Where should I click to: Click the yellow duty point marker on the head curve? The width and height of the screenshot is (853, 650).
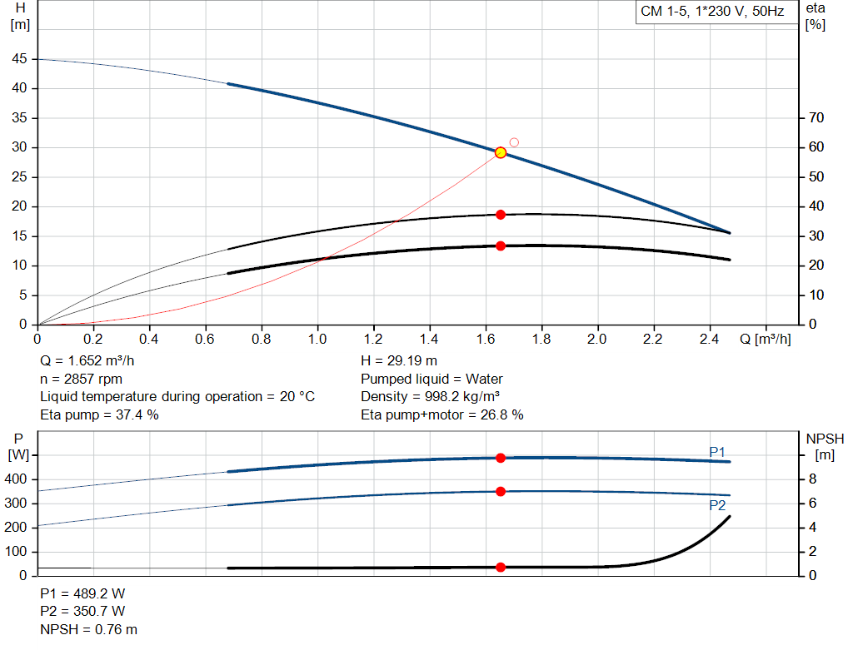(x=501, y=152)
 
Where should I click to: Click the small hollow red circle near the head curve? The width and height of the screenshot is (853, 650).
(x=514, y=142)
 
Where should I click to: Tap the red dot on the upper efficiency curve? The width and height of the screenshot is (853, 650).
(x=501, y=215)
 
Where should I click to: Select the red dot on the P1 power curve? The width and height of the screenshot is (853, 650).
(x=501, y=458)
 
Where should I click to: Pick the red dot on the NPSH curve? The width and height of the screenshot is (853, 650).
(x=501, y=568)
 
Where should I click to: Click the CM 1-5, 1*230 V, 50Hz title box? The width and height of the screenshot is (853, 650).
(x=711, y=12)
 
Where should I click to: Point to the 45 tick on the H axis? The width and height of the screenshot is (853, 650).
(x=19, y=59)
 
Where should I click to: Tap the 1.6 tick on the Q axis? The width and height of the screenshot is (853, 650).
(x=486, y=340)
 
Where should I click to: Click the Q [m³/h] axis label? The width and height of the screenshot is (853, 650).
(x=766, y=340)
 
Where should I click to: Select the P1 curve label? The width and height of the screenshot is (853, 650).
(x=717, y=451)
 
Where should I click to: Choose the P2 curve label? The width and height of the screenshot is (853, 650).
(x=717, y=505)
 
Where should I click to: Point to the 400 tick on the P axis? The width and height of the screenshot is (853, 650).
(x=17, y=479)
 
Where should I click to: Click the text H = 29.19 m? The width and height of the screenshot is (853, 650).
(x=399, y=361)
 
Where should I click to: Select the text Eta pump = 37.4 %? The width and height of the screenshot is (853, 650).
(x=99, y=414)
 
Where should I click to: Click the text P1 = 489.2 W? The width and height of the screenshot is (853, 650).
(x=82, y=594)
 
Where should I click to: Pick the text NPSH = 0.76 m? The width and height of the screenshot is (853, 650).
(x=89, y=629)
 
